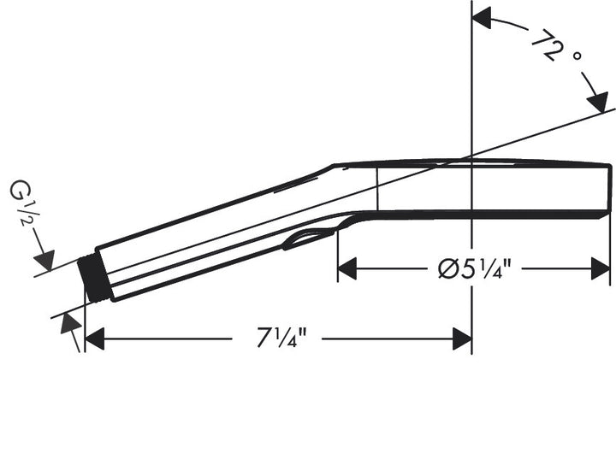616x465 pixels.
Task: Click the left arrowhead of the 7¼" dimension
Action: [x=95, y=339]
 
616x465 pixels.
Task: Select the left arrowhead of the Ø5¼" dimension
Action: [x=346, y=270]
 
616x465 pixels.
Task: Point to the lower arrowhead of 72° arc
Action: [x=599, y=101]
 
